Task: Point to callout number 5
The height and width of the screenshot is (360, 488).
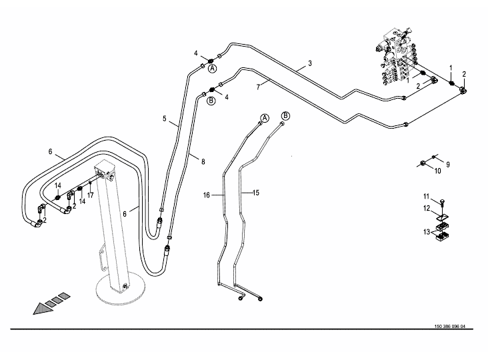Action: coord(164,119)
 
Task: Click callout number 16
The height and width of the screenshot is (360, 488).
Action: coord(207,195)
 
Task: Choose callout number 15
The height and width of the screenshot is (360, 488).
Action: coord(254,193)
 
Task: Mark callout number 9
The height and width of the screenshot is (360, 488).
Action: coord(448,164)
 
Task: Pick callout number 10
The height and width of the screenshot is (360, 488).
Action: coord(438,171)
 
